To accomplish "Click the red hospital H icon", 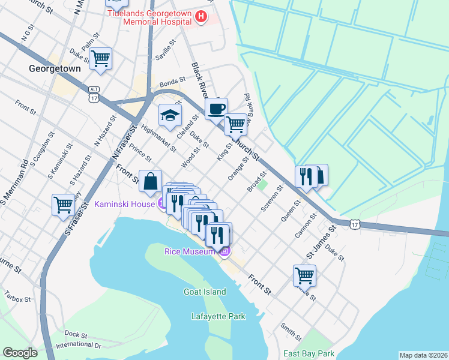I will coord(201,17).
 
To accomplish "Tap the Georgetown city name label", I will coord(55,69).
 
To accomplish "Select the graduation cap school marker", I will coord(170,115).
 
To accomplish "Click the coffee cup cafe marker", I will coord(216,109).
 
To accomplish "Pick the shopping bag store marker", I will coord(149,181).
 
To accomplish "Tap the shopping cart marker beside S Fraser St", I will coord(63,205).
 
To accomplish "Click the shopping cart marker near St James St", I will coord(304,275).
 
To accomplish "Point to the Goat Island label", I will coord(205,292).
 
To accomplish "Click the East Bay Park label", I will coord(309,353).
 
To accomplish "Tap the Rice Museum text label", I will coord(189,251).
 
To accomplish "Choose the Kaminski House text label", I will coord(124,205).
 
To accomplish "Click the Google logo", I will coord(20,353).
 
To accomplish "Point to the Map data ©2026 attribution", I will coord(423,355).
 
